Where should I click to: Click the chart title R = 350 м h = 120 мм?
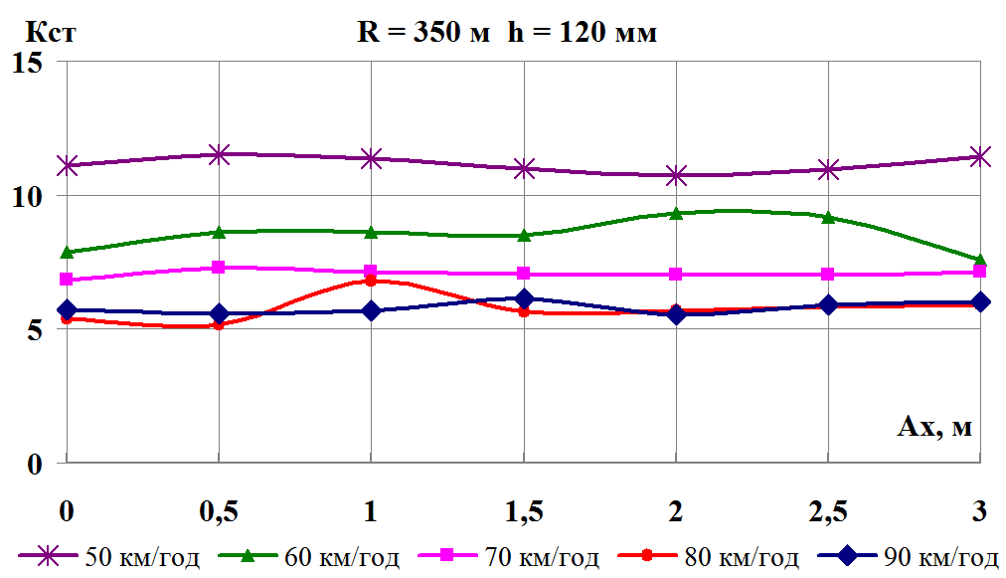(507, 33)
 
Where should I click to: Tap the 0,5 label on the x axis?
(218, 511)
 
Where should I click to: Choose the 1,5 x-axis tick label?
(523, 511)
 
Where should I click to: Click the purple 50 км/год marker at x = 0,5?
(219, 154)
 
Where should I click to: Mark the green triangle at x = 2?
(676, 213)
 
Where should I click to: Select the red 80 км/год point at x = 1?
(371, 281)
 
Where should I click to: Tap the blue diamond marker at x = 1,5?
(524, 298)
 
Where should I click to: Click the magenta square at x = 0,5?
(219, 268)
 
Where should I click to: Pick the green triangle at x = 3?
(980, 260)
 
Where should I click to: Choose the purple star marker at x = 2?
(676, 175)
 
